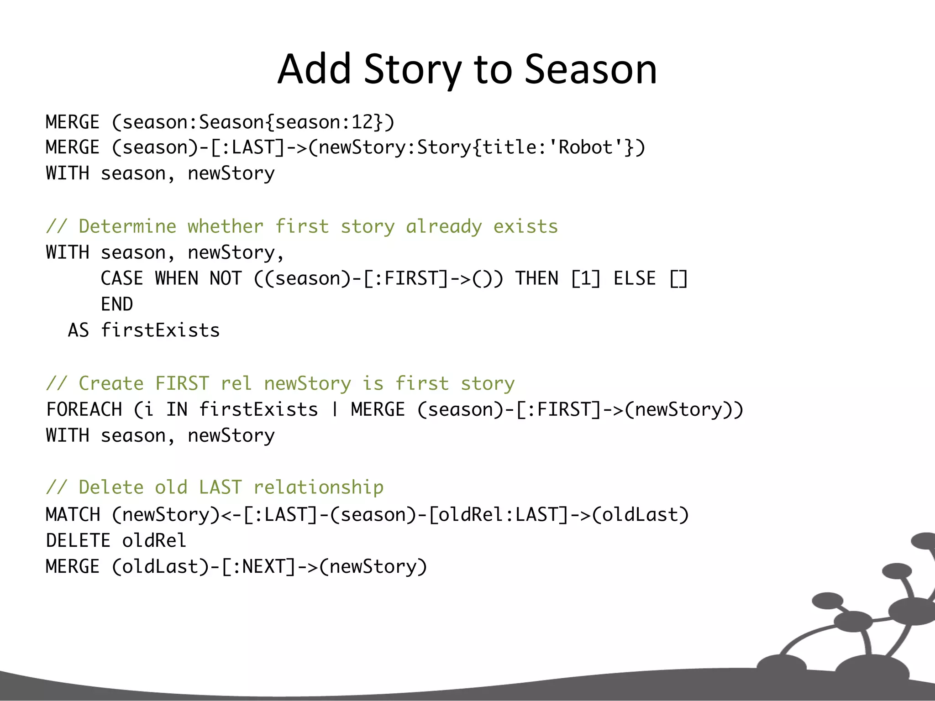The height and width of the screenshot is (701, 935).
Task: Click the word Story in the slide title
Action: coord(412,69)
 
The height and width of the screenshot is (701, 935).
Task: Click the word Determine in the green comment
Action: coord(127,226)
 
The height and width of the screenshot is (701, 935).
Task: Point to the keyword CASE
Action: coord(121,278)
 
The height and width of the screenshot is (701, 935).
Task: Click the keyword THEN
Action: coord(537,278)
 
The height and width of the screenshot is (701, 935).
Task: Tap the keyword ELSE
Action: coord(635,278)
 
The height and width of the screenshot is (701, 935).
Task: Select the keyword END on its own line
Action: coord(117,304)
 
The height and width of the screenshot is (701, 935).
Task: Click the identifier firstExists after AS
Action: coord(160,330)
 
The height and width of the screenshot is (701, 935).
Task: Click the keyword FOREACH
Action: coord(84,409)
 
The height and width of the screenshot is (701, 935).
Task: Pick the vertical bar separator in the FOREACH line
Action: coord(335,409)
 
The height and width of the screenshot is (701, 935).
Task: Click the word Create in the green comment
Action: coord(111,383)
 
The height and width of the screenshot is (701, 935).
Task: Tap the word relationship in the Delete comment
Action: coord(318,487)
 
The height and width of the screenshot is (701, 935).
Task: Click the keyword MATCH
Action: coord(73,515)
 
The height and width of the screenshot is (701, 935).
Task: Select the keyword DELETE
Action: coord(78,541)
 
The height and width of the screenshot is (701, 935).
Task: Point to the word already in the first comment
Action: coord(444,226)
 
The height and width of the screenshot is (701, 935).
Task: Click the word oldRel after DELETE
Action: coord(154,541)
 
